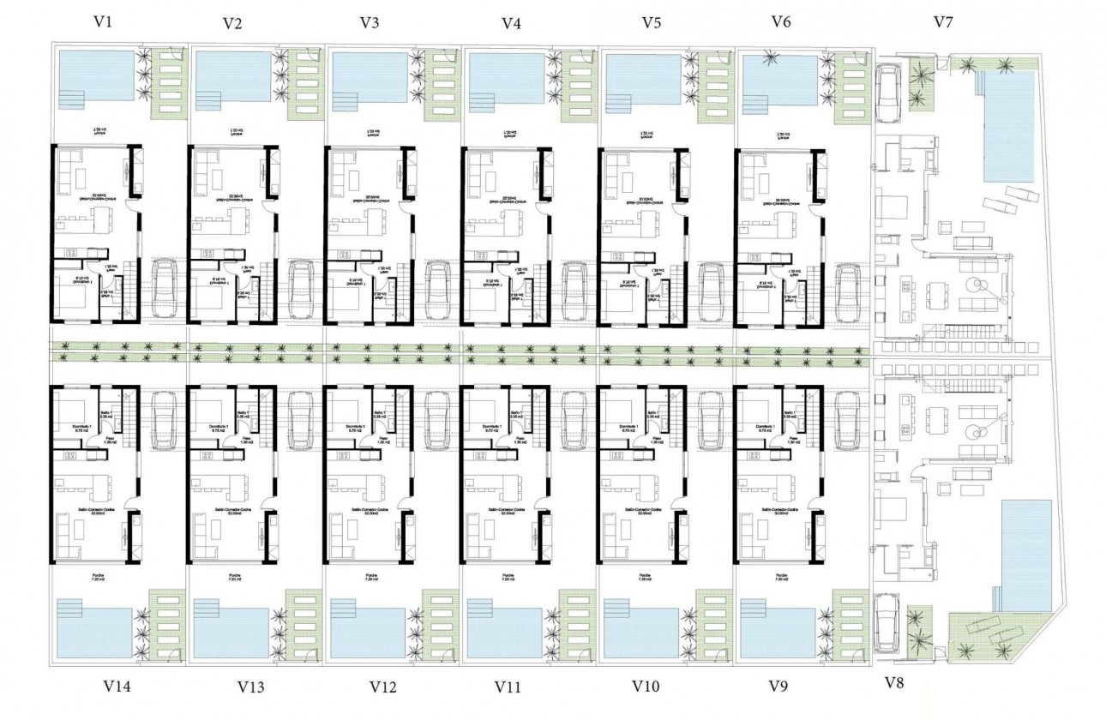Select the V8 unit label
tap(894, 682)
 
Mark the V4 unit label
tap(511, 23)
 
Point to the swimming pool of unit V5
tap(643, 81)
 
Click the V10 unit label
tap(646, 687)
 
